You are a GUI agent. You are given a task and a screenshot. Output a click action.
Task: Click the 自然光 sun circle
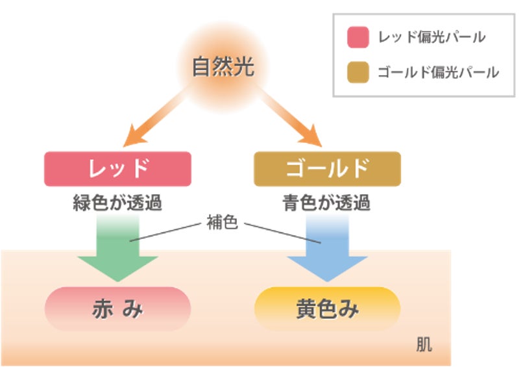pos(223,66)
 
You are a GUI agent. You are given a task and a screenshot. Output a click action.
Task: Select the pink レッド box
pos(117,168)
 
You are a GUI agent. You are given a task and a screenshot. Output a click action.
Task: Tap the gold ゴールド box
pos(327,168)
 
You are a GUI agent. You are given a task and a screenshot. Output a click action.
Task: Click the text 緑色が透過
pos(117,203)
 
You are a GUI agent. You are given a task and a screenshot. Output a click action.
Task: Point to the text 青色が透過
pos(327,203)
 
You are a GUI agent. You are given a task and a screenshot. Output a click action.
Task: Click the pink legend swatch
pos(358,37)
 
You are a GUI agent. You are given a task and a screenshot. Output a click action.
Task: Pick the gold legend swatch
pos(358,71)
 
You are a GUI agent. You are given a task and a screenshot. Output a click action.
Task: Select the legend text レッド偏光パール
pos(431,38)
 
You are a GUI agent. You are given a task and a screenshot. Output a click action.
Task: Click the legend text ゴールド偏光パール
pos(438,72)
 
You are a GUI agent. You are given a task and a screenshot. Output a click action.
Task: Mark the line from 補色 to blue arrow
pos(279,233)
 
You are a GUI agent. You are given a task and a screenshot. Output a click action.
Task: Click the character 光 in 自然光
pos(243,67)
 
